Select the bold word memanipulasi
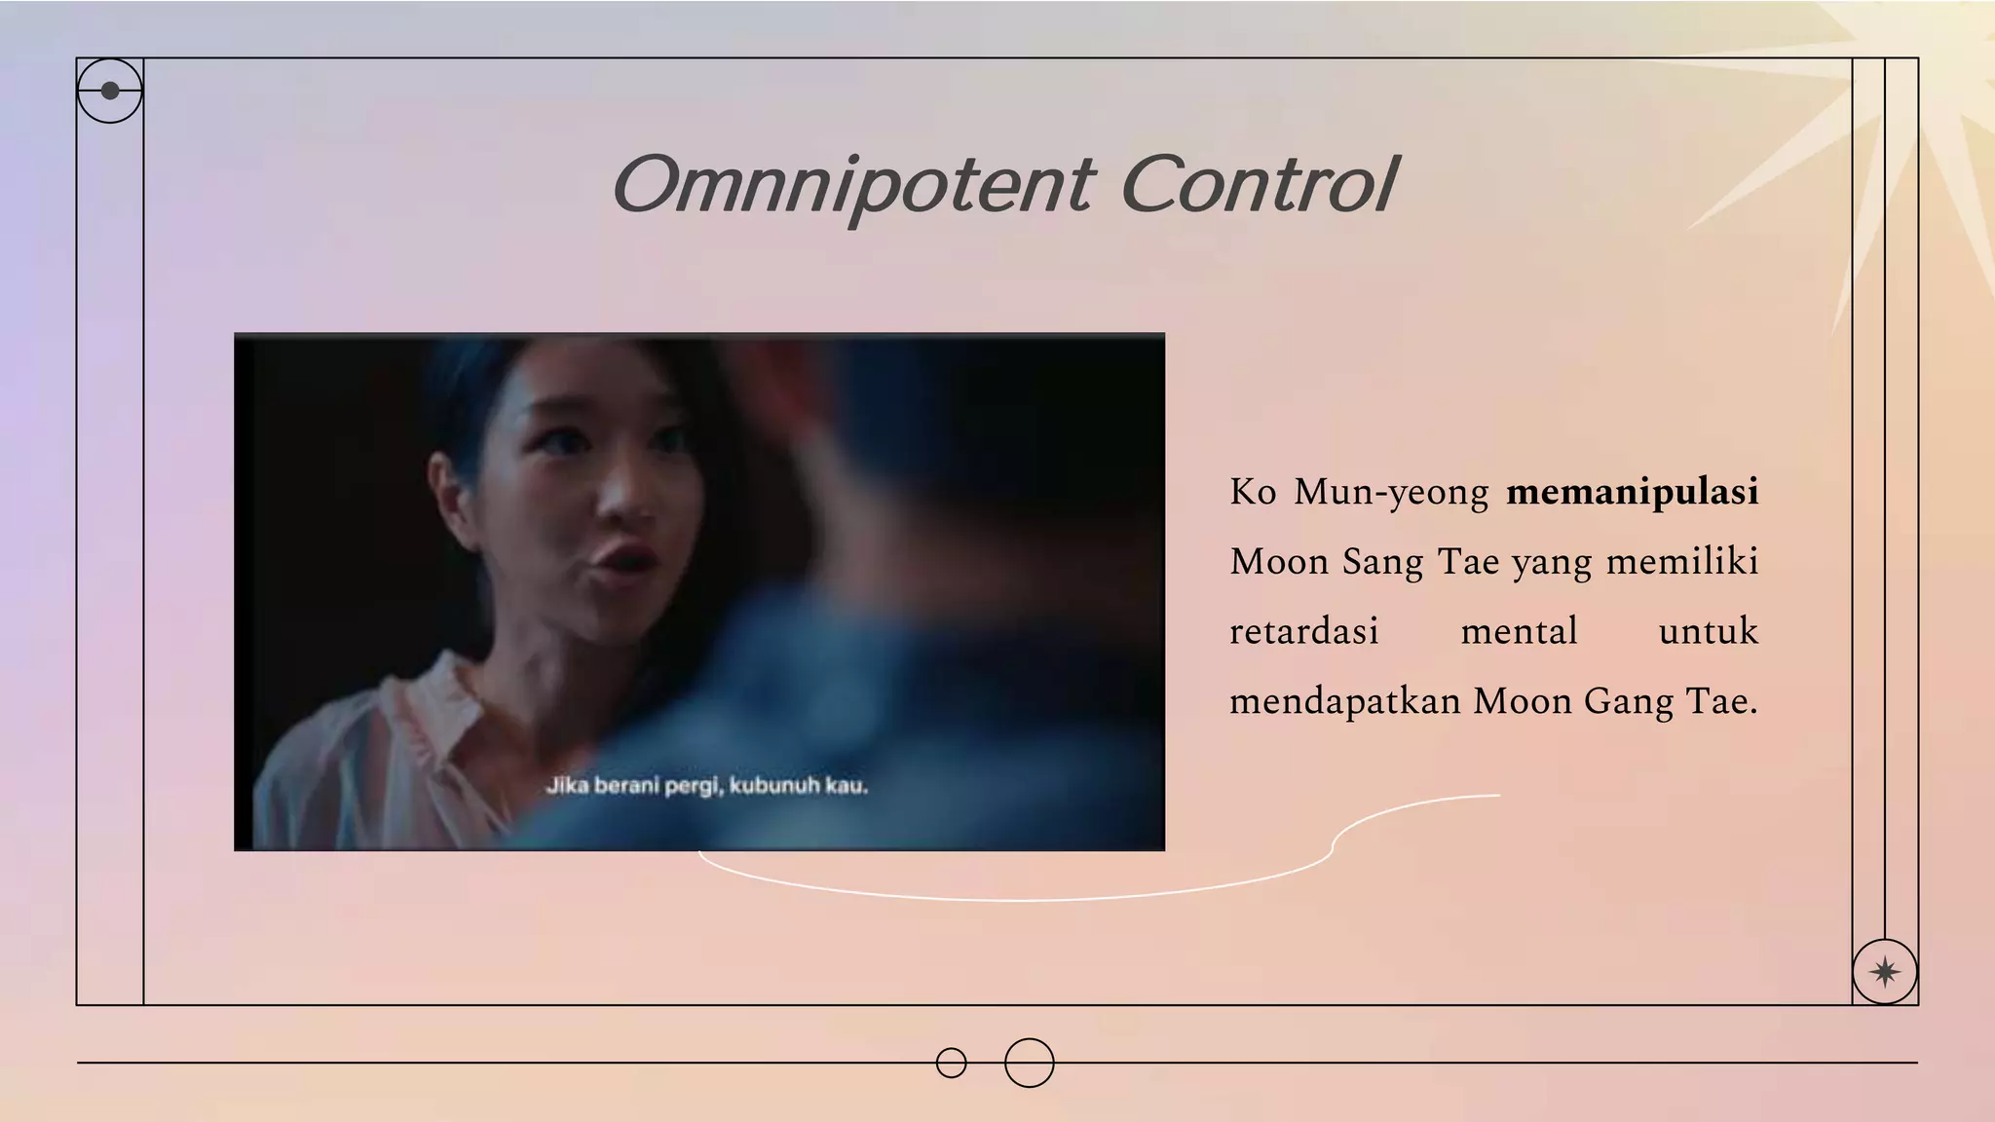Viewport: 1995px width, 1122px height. tap(1632, 492)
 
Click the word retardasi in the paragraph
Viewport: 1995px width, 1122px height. tap(1303, 631)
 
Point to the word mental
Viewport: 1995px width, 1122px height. tap(1519, 631)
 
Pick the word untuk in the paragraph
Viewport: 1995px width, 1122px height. tap(1708, 631)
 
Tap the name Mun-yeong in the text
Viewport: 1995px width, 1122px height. tap(1390, 493)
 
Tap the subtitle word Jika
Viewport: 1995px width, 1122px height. tap(566, 785)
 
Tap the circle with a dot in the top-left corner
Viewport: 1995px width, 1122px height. tap(110, 91)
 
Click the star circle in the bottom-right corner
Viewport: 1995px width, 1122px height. tap(1884, 971)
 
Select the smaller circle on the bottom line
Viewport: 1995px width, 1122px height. tap(951, 1063)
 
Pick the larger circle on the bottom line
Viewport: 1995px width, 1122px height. tap(1029, 1063)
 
